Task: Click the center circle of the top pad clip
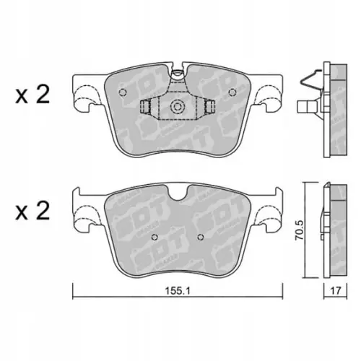tap(176, 108)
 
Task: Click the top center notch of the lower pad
tap(176, 193)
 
